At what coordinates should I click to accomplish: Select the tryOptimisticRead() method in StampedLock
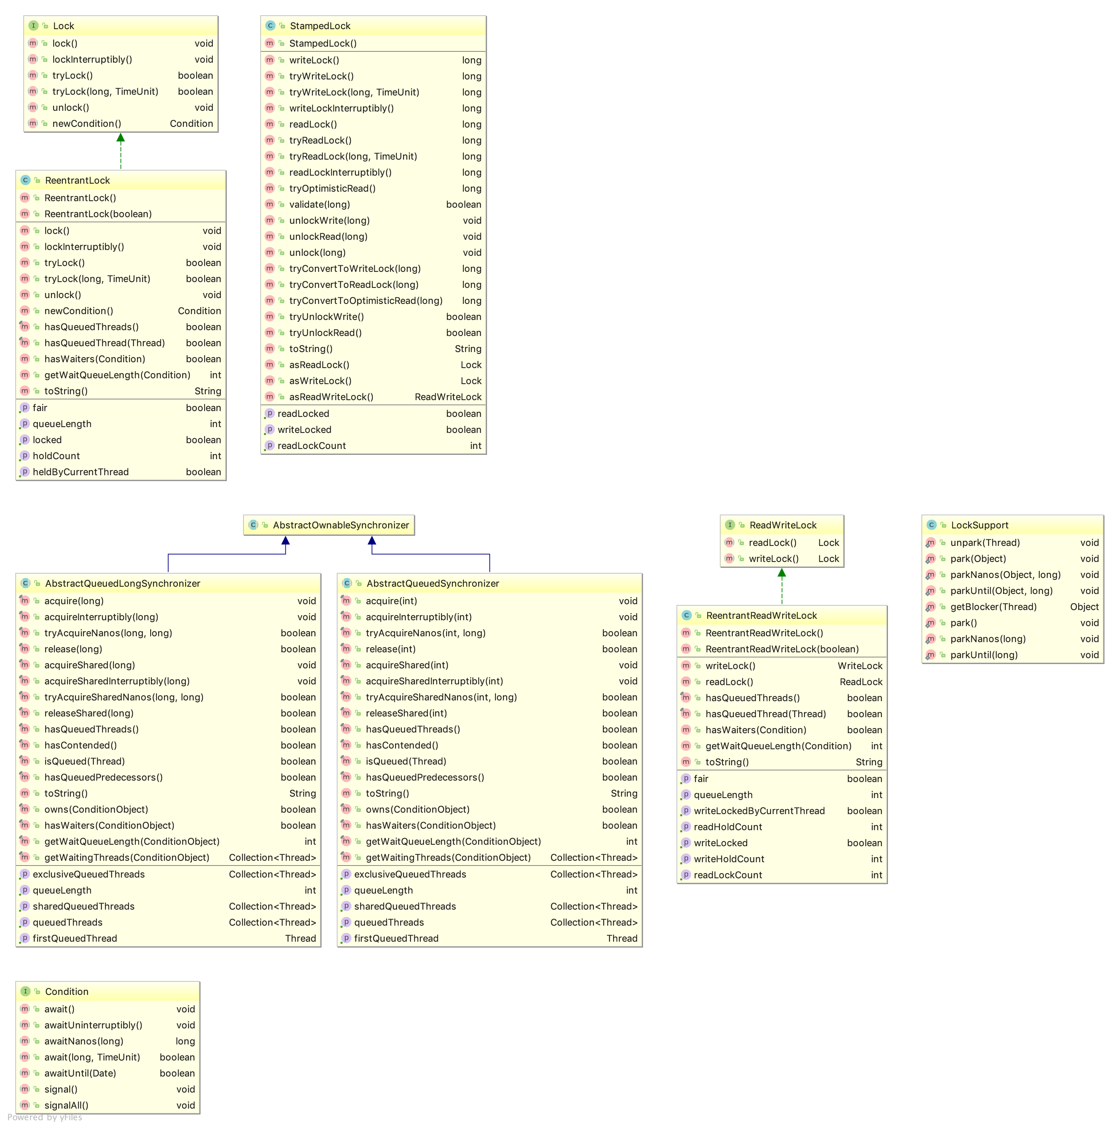pyautogui.click(x=332, y=188)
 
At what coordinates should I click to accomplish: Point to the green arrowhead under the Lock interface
pyautogui.click(x=120, y=138)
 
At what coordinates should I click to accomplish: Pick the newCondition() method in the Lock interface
pyautogui.click(x=86, y=123)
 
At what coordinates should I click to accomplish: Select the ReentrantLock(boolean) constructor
pyautogui.click(x=98, y=214)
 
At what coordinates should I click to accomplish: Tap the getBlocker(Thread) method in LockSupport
pyautogui.click(x=993, y=606)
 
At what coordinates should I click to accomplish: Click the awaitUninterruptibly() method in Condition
pyautogui.click(x=93, y=1025)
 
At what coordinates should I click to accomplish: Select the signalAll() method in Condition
pyautogui.click(x=66, y=1105)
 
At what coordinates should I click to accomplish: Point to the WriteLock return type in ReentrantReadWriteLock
pyautogui.click(x=859, y=665)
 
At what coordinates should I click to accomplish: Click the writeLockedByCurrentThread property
pyautogui.click(x=759, y=810)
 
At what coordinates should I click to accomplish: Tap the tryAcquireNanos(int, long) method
pyautogui.click(x=425, y=633)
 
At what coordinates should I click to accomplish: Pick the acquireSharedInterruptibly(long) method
pyautogui.click(x=117, y=681)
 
